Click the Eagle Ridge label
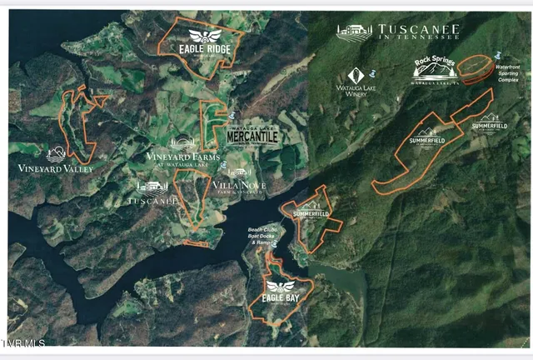coord(204,48)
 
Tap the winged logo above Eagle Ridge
coord(203,36)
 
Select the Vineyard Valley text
coord(56,168)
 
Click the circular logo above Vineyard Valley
coord(56,154)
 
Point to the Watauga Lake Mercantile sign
coord(252,136)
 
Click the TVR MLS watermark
coord(24,342)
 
